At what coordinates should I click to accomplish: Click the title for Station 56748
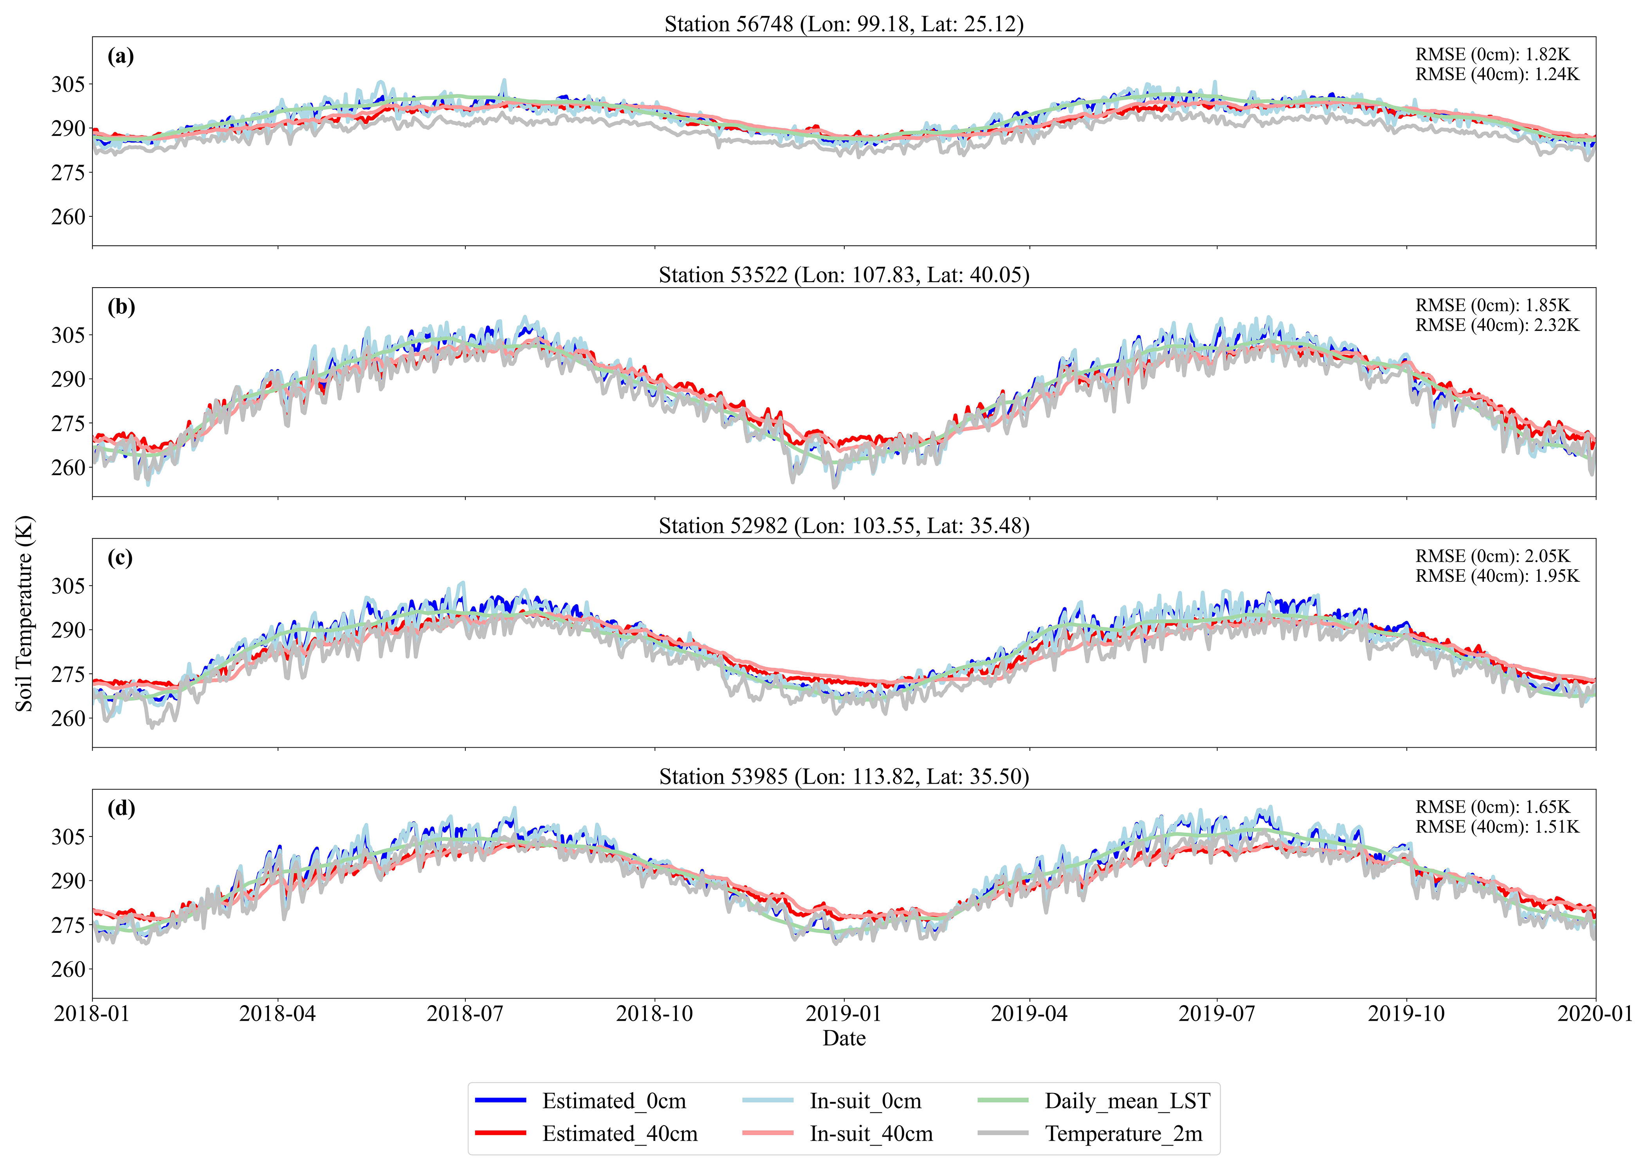(x=844, y=24)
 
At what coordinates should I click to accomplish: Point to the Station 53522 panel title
(x=844, y=275)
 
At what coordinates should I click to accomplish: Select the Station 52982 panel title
(x=844, y=526)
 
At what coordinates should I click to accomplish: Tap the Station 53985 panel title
(x=844, y=777)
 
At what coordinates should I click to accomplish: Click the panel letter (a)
(x=121, y=56)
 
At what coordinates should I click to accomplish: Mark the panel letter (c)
(x=121, y=558)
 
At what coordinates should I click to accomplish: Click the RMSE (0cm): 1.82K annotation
(x=1493, y=54)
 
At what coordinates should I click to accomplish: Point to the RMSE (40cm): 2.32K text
(x=1497, y=325)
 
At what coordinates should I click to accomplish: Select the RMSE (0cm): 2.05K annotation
(x=1493, y=556)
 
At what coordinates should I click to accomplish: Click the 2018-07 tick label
(x=465, y=1014)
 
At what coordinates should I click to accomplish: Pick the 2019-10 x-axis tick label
(x=1406, y=1014)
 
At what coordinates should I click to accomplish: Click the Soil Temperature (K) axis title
(x=24, y=613)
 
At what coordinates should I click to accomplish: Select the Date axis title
(x=844, y=1038)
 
